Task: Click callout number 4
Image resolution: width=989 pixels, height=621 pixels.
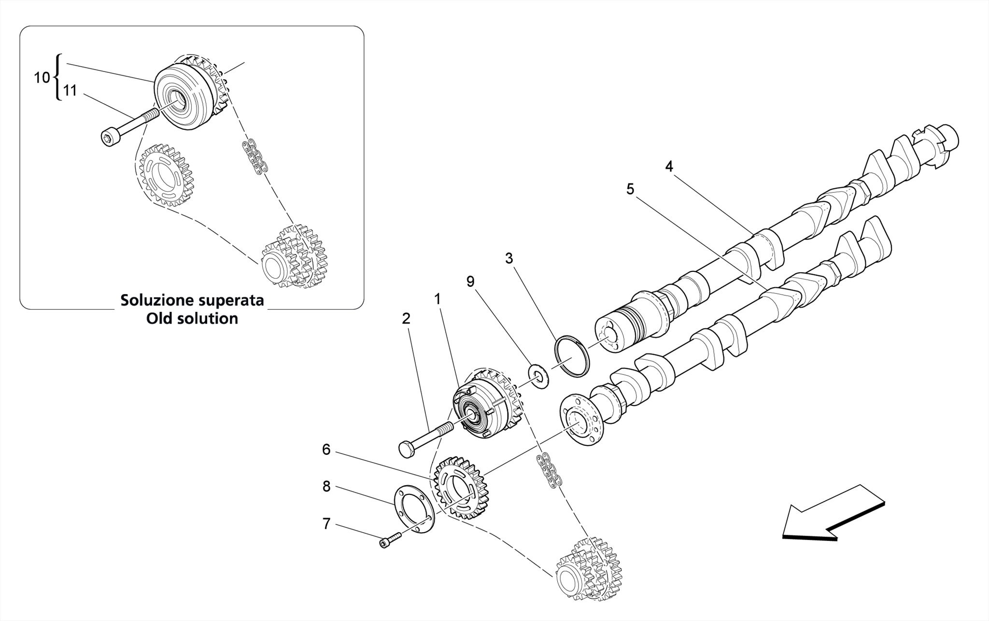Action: click(x=669, y=167)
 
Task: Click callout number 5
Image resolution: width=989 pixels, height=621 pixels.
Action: click(x=630, y=189)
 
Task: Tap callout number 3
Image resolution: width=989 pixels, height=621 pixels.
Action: click(x=509, y=259)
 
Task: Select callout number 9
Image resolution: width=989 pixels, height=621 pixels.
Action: click(x=470, y=282)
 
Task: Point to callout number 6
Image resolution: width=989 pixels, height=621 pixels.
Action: click(x=326, y=450)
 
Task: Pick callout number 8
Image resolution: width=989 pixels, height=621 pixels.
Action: click(x=326, y=487)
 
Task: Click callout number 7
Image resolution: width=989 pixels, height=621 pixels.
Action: click(x=326, y=524)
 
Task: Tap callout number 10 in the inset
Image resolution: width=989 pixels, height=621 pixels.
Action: click(x=42, y=77)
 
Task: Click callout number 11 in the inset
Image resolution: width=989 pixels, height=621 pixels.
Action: click(x=71, y=90)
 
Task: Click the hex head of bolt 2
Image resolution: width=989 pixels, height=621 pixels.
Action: click(x=407, y=449)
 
